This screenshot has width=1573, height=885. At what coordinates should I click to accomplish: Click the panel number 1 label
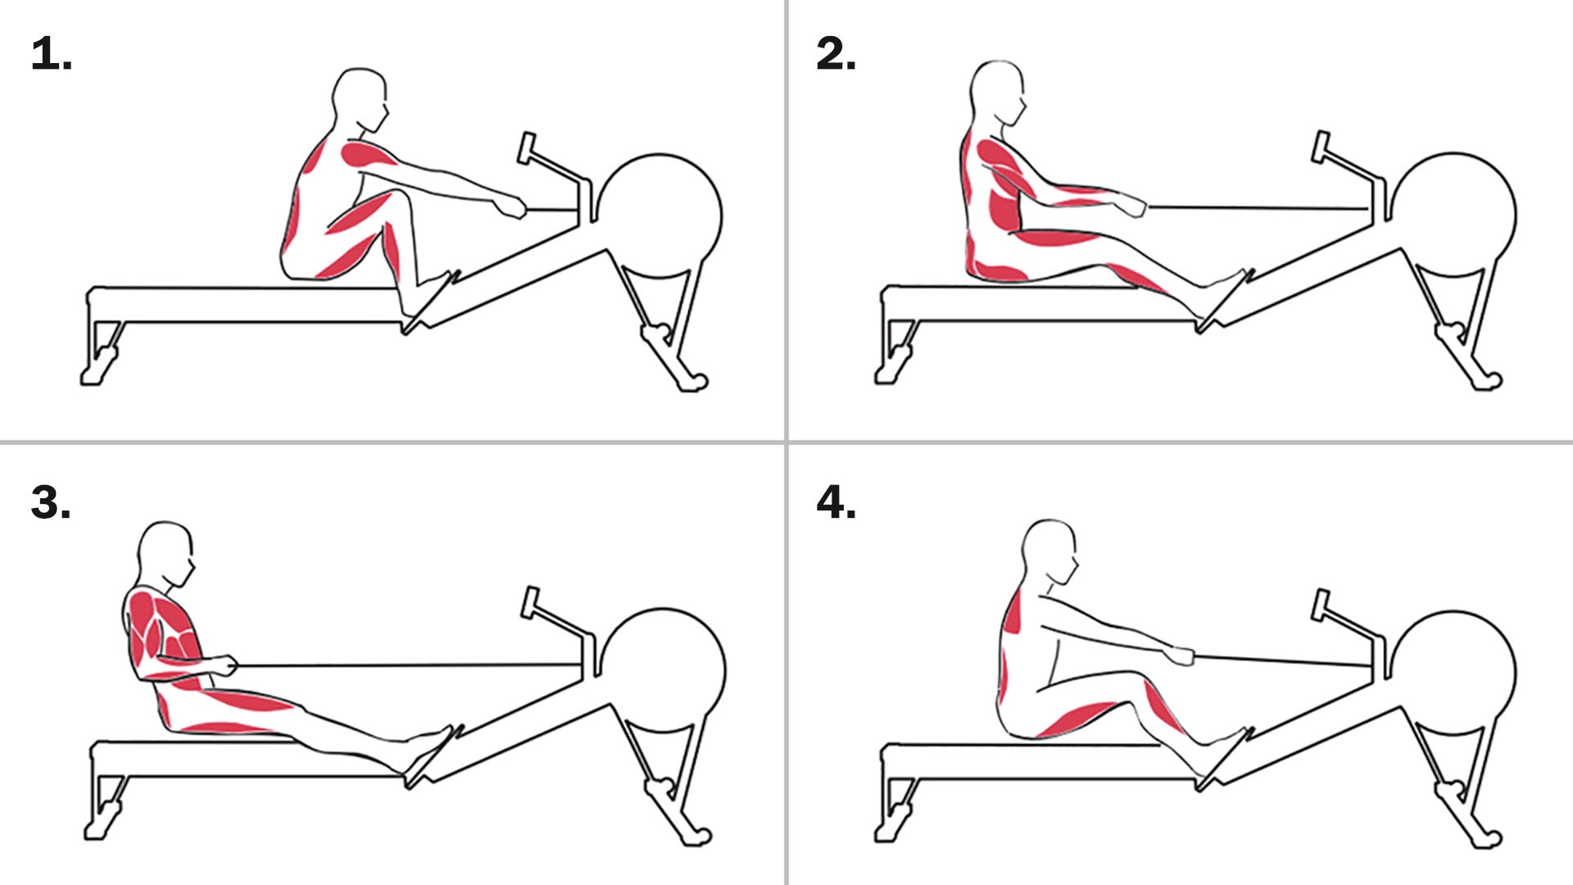point(52,55)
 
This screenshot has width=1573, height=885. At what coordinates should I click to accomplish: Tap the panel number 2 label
point(836,54)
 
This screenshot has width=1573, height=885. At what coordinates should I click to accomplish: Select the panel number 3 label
point(51,502)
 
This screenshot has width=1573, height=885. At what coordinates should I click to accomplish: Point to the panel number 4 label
point(836,502)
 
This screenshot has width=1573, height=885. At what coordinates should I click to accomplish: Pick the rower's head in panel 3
point(167,553)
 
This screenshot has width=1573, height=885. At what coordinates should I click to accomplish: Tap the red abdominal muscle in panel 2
point(1004,209)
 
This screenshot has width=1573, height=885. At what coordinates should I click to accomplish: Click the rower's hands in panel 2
point(1132,206)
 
